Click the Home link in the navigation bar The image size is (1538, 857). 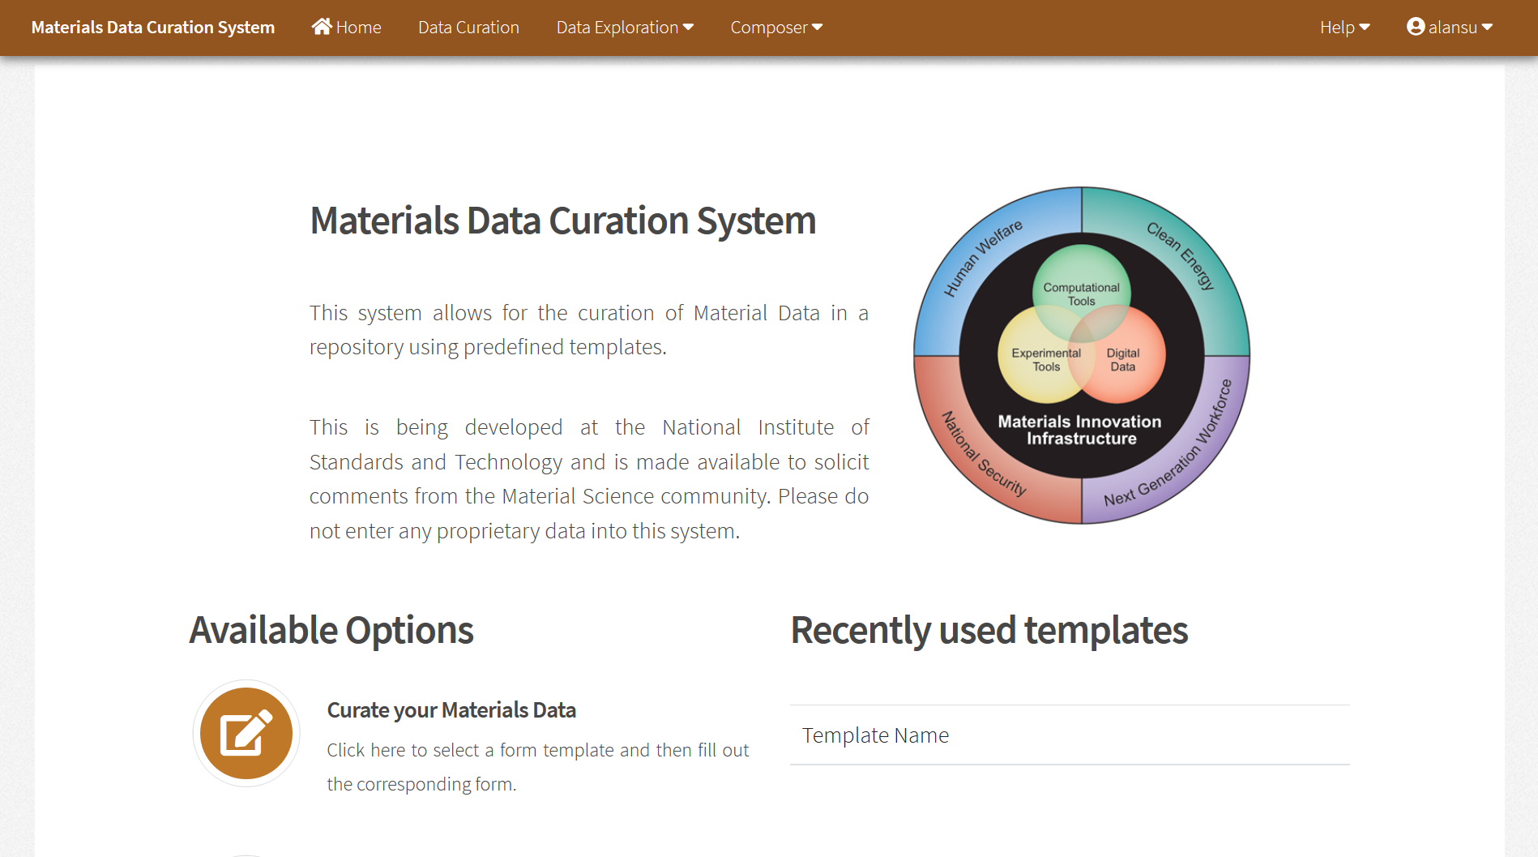point(358,28)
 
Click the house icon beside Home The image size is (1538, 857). point(321,27)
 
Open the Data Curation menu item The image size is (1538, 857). point(468,28)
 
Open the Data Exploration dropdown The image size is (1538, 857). point(624,28)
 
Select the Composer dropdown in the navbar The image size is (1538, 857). point(775,28)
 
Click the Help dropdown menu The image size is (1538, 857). point(1344,28)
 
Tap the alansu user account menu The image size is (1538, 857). point(1449,28)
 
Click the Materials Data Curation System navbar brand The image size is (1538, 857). point(153,28)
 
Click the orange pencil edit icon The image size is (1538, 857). point(246,733)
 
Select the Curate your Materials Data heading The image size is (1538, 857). point(451,710)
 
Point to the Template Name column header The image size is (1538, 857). point(875,735)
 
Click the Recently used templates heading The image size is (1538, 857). point(989,631)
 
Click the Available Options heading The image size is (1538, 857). point(331,631)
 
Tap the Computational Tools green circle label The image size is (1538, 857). point(1081,294)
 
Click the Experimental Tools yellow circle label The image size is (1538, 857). point(1045,360)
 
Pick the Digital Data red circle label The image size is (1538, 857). point(1122,360)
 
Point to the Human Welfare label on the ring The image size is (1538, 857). point(983,258)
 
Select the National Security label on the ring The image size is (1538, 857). point(983,454)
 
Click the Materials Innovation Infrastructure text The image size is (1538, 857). point(1080,430)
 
